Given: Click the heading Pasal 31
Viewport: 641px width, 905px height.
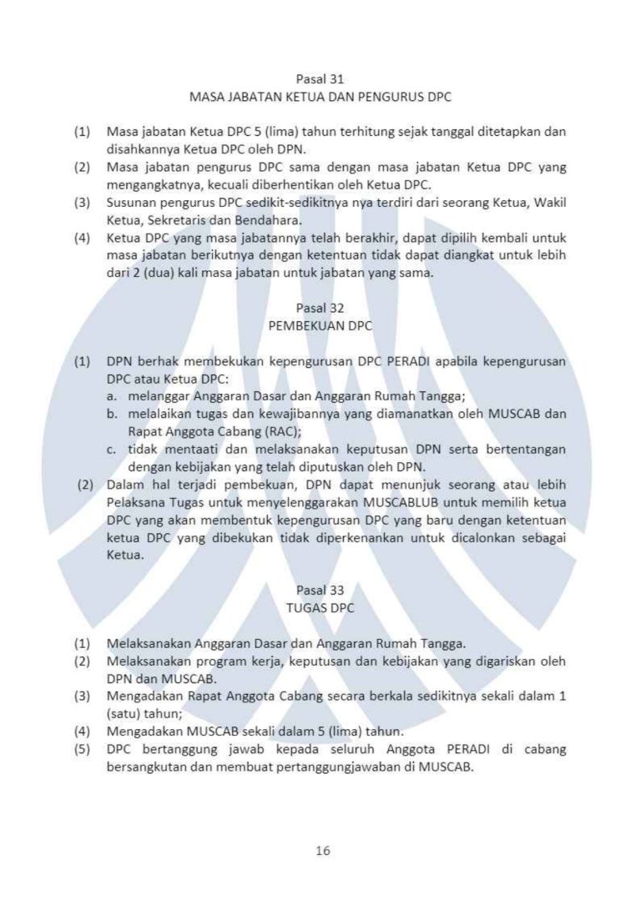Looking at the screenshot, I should click(320, 78).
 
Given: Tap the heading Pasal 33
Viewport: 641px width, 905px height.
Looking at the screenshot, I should click(320, 591).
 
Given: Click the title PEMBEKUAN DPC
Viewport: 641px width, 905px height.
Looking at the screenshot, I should click(320, 327).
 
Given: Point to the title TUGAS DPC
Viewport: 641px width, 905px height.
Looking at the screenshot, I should click(320, 609).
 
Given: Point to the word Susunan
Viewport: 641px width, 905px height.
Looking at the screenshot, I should click(132, 203).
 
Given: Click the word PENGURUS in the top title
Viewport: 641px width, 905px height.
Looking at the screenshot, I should click(391, 97).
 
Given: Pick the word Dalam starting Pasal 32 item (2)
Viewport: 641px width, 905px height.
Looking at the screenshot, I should click(124, 486).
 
